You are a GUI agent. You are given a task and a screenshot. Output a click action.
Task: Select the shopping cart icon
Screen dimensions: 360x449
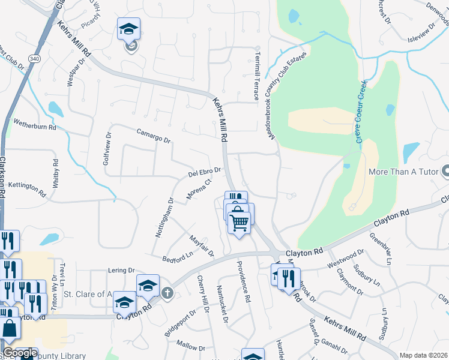pos(240,223)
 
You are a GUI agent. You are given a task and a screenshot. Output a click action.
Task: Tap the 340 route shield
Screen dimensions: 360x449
pos(34,58)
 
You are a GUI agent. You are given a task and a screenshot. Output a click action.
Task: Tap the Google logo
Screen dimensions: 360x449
pos(19,353)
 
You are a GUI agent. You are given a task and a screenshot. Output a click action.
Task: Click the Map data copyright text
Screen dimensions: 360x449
pos(423,355)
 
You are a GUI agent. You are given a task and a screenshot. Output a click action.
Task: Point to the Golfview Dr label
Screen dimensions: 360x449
pos(109,149)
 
